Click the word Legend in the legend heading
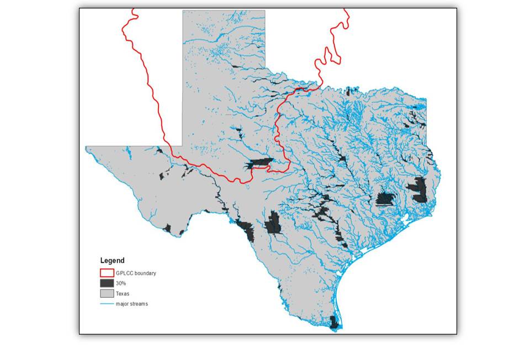[x=112, y=261]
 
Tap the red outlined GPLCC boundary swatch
[x=107, y=273]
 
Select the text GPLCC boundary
[x=136, y=273]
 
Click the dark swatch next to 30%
[x=107, y=283]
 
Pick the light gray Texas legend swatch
[x=107, y=294]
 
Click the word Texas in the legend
[x=123, y=294]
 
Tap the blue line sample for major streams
[x=107, y=304]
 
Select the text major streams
[x=132, y=304]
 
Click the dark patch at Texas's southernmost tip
[x=333, y=322]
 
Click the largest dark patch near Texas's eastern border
[x=420, y=189]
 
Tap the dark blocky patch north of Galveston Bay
[x=385, y=199]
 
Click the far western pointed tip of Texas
[x=87, y=148]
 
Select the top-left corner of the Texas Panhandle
[x=183, y=11]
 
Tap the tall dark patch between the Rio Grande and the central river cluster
[x=273, y=224]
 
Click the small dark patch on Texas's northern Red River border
[x=348, y=91]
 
